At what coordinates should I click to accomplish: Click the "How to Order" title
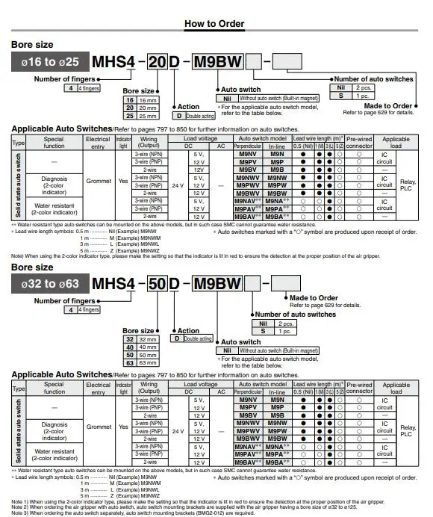[x=216, y=24]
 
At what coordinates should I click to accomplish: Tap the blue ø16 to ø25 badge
[x=50, y=61]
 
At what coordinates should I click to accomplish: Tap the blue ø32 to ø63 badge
[x=50, y=283]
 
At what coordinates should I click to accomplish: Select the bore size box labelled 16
[x=129, y=99]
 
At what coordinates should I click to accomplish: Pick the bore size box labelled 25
[x=129, y=116]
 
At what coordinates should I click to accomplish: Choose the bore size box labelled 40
[x=129, y=346]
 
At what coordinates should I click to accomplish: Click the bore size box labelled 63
[x=129, y=362]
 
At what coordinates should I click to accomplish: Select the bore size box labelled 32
[x=129, y=338]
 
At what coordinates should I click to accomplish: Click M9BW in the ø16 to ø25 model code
[x=217, y=61]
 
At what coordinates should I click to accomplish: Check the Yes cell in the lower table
[x=124, y=427]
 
